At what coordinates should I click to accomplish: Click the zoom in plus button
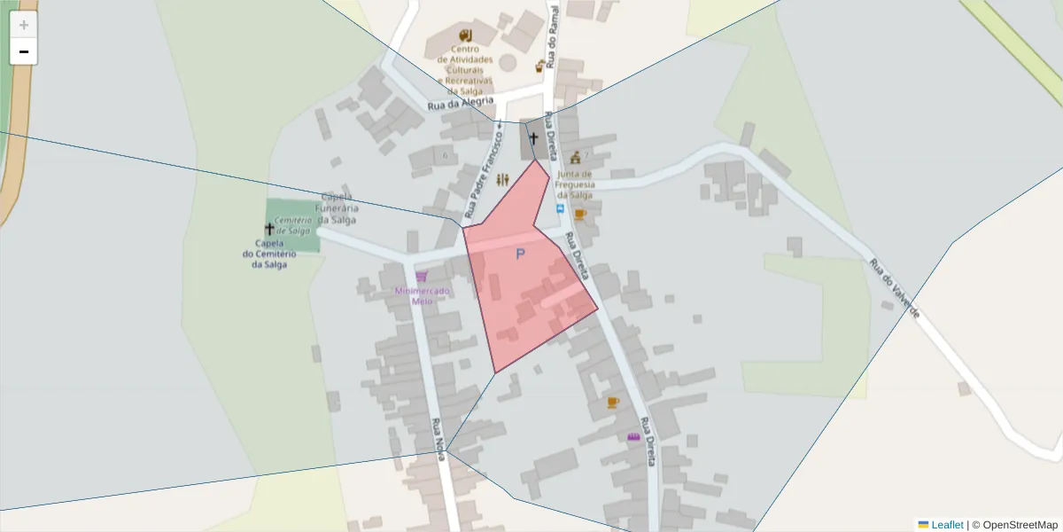click(x=24, y=25)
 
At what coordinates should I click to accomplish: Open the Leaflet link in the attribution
click(x=946, y=525)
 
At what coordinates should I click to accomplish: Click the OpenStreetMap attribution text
click(x=1020, y=525)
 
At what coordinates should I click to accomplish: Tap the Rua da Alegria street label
click(x=460, y=104)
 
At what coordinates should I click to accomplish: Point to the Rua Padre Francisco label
click(x=484, y=172)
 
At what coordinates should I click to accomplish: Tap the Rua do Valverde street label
click(x=895, y=288)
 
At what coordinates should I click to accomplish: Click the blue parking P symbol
click(x=520, y=254)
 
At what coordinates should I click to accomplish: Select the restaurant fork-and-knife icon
click(x=503, y=180)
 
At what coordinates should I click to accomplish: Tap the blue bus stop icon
click(x=560, y=209)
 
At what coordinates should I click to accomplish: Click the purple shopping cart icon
click(x=422, y=277)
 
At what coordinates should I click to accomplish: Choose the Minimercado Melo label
click(x=422, y=295)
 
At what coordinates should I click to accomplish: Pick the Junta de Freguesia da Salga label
click(x=574, y=184)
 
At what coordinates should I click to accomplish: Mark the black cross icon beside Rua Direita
click(x=533, y=138)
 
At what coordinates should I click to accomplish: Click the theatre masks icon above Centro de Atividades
click(x=465, y=35)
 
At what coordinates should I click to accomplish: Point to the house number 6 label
click(x=445, y=155)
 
